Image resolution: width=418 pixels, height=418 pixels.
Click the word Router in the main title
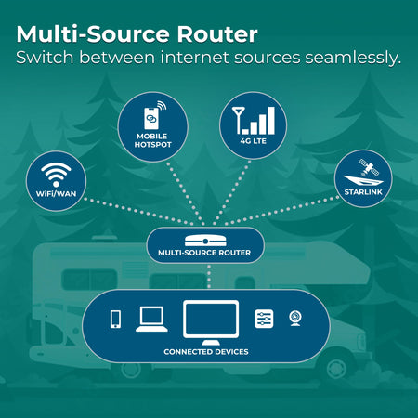217,34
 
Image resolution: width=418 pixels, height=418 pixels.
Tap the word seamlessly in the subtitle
353,58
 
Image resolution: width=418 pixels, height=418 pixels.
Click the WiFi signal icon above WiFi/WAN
56,175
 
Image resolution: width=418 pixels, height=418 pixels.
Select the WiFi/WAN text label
56,194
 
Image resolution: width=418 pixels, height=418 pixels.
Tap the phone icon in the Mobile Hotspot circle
151,118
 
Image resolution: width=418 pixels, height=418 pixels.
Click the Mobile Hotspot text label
152,140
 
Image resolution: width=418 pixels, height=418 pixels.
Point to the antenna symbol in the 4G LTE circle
239,120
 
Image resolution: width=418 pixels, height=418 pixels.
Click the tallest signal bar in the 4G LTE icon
271,121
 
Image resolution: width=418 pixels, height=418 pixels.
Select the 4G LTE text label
254,141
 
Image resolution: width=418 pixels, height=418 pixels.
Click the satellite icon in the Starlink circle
369,167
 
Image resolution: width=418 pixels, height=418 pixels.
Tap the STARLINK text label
363,192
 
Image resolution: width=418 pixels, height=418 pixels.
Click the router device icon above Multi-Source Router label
205,241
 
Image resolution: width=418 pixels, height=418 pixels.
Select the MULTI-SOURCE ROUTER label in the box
204,253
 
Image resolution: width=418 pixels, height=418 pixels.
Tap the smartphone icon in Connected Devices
116,319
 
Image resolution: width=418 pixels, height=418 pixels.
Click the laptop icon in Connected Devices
151,319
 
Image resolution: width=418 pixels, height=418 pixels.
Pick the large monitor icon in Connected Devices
211,322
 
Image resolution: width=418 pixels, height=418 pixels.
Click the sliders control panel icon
264,319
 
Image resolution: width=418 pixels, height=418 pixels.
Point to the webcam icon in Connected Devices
295,319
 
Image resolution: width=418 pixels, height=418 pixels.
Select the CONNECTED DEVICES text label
206,352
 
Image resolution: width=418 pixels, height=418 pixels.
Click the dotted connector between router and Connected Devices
209,276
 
